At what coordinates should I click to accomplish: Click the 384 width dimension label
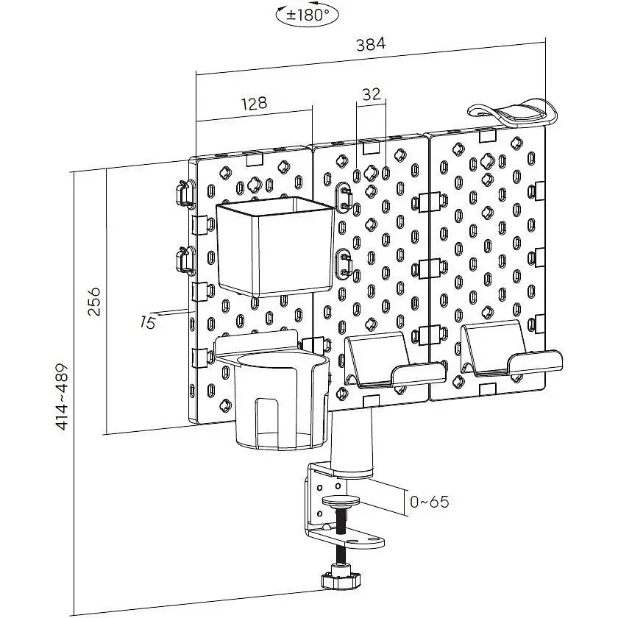click(x=371, y=44)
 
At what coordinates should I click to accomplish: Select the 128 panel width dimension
click(x=255, y=103)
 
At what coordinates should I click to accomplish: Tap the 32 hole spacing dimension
click(x=372, y=94)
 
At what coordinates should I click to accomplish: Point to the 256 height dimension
click(x=94, y=302)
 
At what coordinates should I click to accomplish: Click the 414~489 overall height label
click(x=63, y=397)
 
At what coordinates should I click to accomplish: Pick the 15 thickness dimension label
click(x=147, y=323)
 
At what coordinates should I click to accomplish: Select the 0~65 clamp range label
click(x=429, y=502)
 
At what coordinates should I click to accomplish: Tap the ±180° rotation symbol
click(x=308, y=15)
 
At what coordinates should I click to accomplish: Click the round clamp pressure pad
click(x=341, y=501)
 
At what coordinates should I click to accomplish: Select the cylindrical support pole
click(x=351, y=441)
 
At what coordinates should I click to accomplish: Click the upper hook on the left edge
click(x=185, y=193)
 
